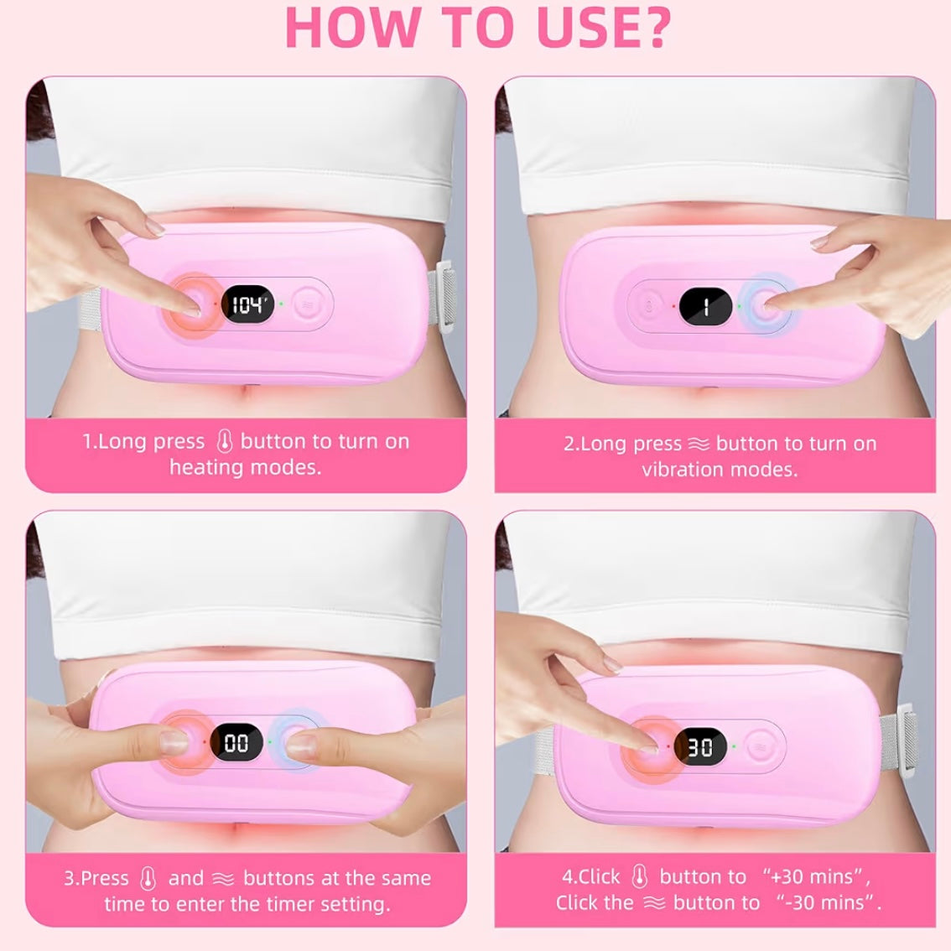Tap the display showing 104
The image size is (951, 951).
pos(248,304)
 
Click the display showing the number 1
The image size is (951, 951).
pos(705,307)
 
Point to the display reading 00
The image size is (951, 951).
pos(236,743)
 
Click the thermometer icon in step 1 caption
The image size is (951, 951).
pos(224,441)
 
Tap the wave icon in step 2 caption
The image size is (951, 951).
pos(699,444)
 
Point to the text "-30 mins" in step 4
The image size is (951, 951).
pos(828,903)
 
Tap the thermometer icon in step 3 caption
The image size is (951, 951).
pos(148,879)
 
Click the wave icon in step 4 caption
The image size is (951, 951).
pos(654,903)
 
